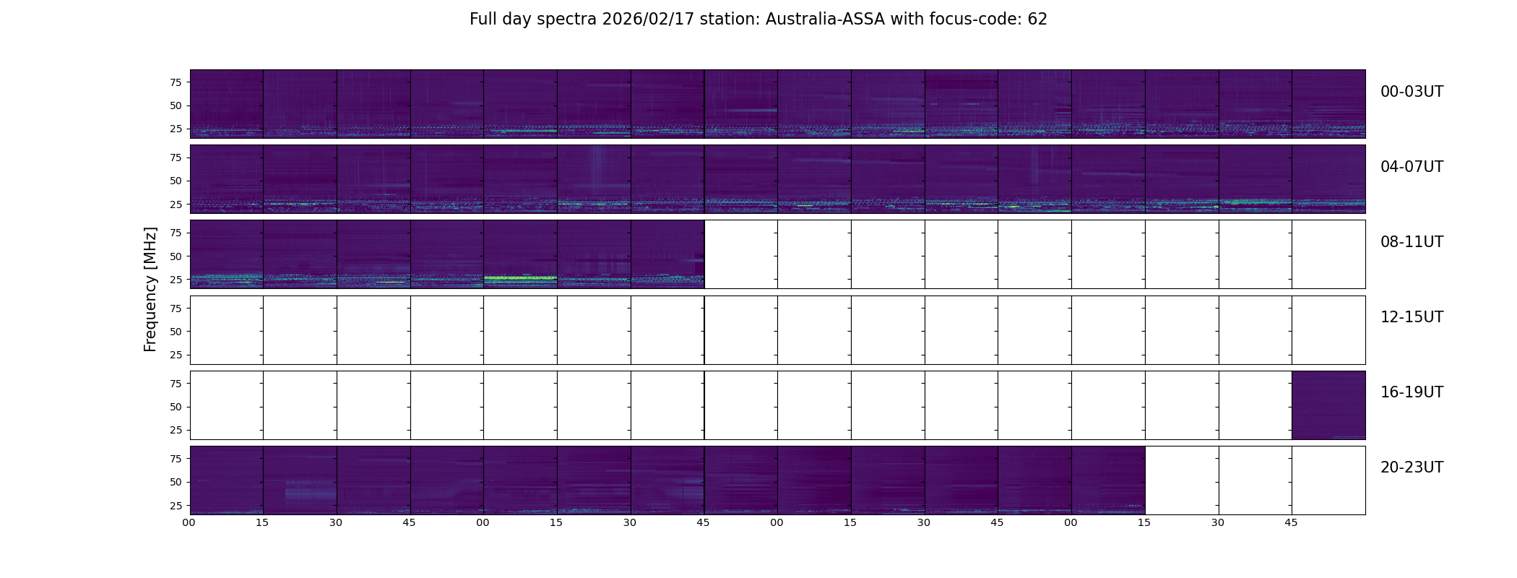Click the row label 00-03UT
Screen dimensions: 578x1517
(1411, 92)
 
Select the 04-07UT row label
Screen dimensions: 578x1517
(1411, 167)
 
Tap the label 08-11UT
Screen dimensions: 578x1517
(1411, 242)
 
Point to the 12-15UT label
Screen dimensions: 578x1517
(1411, 317)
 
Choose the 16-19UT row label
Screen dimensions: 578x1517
(1411, 392)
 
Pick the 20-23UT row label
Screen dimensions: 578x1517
(1411, 467)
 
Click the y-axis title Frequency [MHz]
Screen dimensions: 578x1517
(150, 289)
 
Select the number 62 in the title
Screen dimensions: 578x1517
(1037, 20)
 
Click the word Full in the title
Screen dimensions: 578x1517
(483, 20)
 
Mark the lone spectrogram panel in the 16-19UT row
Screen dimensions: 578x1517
(1328, 405)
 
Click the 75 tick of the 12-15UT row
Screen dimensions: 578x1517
(176, 309)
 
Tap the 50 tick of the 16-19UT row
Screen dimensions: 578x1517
(176, 407)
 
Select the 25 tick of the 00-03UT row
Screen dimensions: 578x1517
(176, 129)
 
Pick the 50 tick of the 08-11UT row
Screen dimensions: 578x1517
(176, 256)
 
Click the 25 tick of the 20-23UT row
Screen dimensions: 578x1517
(176, 506)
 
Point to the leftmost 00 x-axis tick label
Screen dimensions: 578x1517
(189, 522)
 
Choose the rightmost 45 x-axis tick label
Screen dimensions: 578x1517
(1291, 522)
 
